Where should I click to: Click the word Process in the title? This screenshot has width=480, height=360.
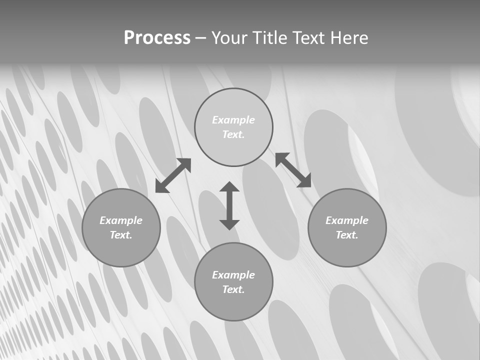pos(157,38)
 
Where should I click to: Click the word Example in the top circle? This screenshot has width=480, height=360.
pos(233,120)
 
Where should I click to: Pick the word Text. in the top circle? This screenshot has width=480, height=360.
pos(233,134)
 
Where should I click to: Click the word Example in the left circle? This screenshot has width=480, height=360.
pos(121,220)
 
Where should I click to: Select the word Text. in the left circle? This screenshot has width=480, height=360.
pos(121,235)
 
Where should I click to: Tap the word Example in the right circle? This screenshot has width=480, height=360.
pos(347,220)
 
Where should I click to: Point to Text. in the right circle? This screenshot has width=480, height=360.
pos(347,235)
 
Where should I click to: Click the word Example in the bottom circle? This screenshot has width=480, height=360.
pos(233,275)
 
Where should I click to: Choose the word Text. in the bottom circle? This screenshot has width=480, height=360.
pos(233,289)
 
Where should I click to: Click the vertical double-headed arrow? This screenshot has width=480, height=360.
pos(229,205)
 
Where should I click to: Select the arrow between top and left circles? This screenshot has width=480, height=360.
pos(173,175)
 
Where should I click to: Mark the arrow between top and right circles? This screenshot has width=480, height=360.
pos(293,170)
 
